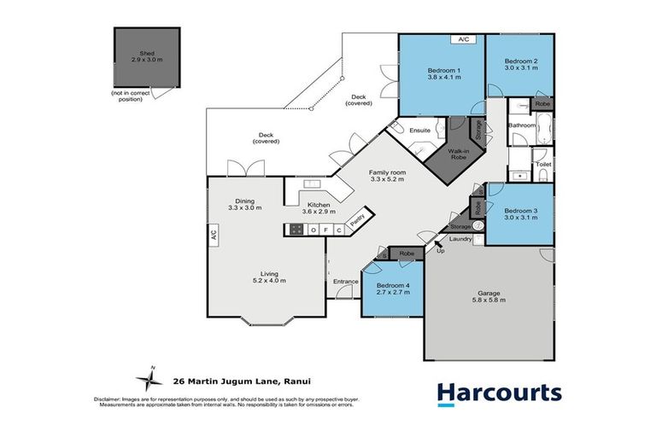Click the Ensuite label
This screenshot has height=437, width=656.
419,131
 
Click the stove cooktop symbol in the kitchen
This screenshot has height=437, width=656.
296,230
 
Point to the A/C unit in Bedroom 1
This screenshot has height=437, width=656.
464,39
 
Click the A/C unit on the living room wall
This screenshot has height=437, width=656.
213,233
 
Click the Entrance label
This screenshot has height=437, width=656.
346,281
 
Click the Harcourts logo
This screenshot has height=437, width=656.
499,393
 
